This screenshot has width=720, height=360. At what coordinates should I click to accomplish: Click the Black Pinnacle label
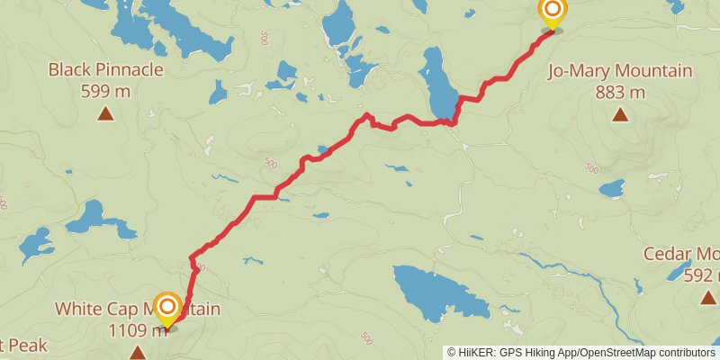(x=106, y=69)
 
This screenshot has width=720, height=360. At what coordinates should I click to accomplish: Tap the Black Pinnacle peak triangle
(x=106, y=113)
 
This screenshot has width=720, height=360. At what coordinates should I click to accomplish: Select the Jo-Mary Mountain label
(x=620, y=71)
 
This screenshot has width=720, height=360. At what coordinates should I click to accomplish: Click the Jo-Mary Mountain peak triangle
(x=620, y=113)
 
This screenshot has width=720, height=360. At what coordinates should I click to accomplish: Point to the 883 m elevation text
(x=620, y=91)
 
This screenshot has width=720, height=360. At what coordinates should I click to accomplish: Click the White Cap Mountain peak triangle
(x=137, y=352)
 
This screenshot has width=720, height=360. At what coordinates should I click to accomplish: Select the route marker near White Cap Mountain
(x=167, y=309)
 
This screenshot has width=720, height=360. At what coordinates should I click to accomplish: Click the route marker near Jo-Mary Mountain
(x=552, y=13)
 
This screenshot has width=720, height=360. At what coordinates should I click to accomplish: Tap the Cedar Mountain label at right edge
(x=681, y=254)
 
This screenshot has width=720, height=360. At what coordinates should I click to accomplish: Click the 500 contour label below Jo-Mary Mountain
(x=590, y=168)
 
